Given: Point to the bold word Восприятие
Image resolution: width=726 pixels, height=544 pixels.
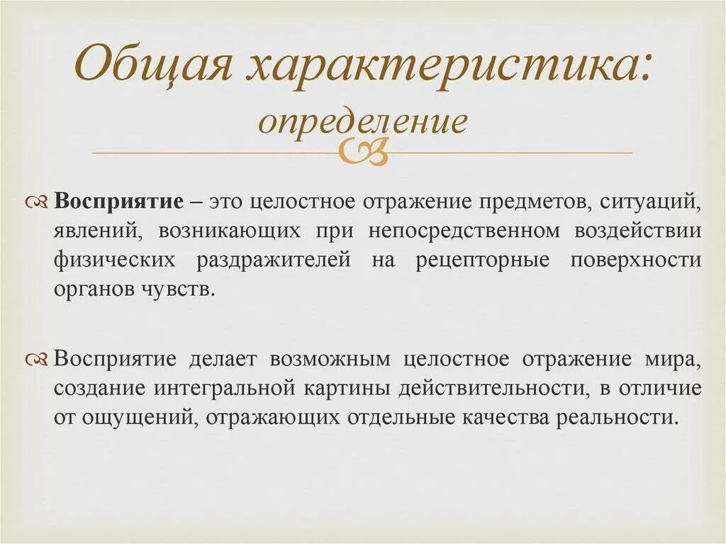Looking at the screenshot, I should tap(119, 201).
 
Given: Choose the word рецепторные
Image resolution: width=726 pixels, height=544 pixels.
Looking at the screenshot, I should tap(482, 260).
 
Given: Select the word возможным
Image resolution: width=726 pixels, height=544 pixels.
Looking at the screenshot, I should tap(330, 359).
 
